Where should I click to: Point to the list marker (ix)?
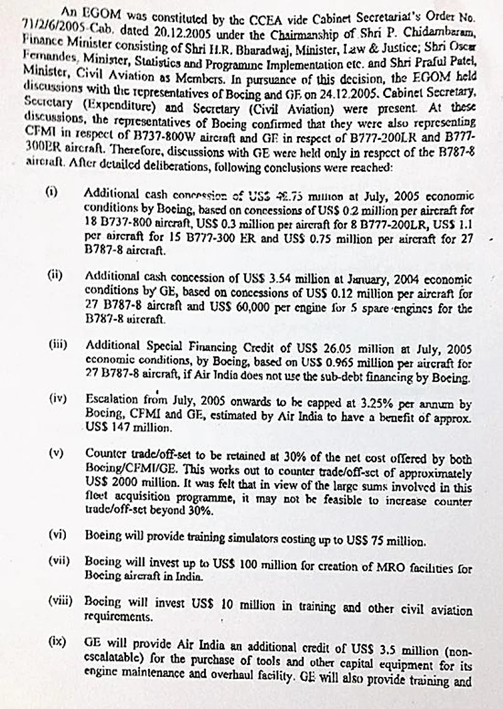pos(58,642)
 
